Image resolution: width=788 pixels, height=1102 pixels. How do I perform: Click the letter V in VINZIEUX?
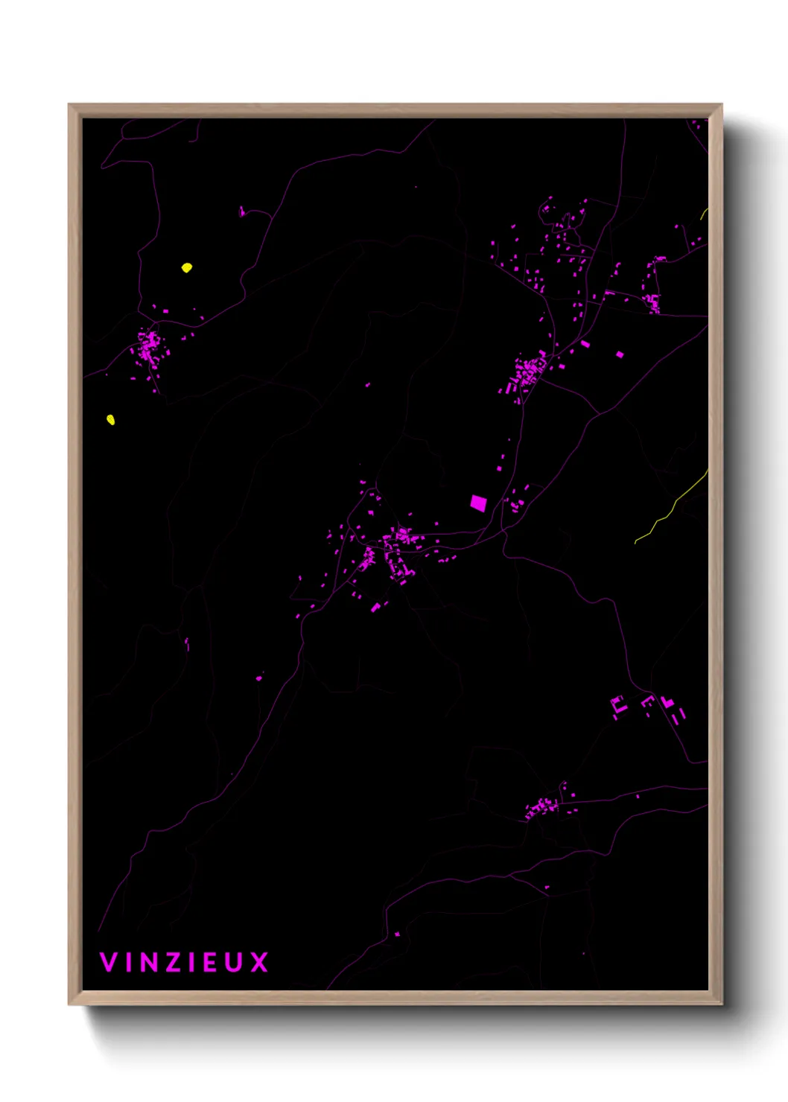coord(107,962)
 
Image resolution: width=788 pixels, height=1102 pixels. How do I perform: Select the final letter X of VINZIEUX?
coord(258,962)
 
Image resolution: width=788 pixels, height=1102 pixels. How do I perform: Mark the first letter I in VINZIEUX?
coord(127,962)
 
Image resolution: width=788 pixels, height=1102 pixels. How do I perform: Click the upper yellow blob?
coord(187,267)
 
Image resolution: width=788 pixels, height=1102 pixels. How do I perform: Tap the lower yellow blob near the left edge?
coord(111,420)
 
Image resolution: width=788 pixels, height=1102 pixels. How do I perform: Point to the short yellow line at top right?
coord(704,214)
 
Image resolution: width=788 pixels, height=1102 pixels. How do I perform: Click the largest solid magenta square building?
coord(478,503)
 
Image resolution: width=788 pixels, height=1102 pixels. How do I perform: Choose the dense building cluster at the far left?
coord(148,348)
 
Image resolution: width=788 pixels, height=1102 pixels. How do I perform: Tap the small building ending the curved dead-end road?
coord(241,212)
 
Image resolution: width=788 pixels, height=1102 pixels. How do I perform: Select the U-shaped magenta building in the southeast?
coord(617,705)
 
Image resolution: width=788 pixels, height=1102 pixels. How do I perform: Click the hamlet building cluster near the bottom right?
coord(541,807)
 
